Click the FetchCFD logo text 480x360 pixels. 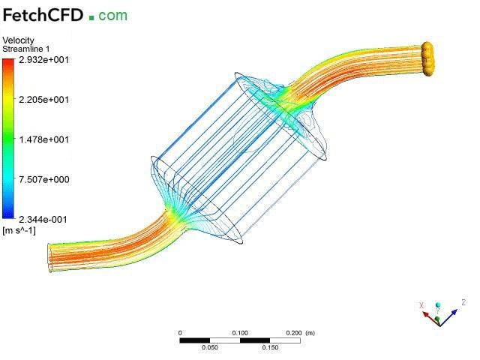click(x=43, y=15)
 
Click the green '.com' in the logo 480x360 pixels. click(x=108, y=16)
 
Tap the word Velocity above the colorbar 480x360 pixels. click(x=18, y=40)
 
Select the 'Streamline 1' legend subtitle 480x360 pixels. click(x=26, y=49)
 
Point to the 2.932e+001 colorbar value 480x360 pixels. click(x=43, y=60)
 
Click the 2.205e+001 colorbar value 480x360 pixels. click(x=43, y=100)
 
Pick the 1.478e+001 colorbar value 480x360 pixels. click(x=43, y=139)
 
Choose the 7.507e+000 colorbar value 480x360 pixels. click(x=43, y=179)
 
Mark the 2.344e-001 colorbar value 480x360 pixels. click(x=43, y=220)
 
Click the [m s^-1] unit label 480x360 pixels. click(x=19, y=230)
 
